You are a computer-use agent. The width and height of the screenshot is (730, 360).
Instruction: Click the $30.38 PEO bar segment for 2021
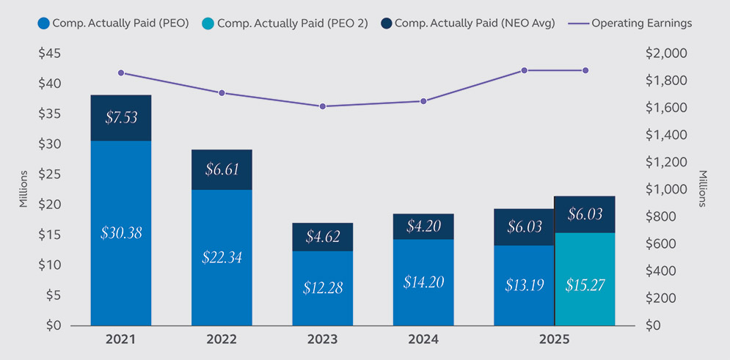121,232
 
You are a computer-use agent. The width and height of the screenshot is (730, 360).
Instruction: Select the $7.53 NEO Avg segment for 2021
121,117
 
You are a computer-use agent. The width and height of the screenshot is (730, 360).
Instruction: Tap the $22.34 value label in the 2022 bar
222,257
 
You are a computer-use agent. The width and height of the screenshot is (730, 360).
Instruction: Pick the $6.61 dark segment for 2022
222,169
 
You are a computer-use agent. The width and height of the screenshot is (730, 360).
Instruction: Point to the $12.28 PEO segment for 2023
322,287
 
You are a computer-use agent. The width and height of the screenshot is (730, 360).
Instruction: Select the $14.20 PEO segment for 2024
423,282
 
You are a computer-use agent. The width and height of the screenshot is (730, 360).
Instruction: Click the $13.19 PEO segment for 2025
524,284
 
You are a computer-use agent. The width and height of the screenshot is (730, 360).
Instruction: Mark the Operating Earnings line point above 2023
322,106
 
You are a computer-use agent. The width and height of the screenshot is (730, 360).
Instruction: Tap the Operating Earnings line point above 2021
121,73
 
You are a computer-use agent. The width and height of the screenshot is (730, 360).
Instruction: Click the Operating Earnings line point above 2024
423,100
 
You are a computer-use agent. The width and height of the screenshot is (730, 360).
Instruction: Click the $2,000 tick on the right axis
665,54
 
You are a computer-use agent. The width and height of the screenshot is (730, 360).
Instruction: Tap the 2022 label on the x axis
222,340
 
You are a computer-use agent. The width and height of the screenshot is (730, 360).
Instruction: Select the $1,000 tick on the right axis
665,189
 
